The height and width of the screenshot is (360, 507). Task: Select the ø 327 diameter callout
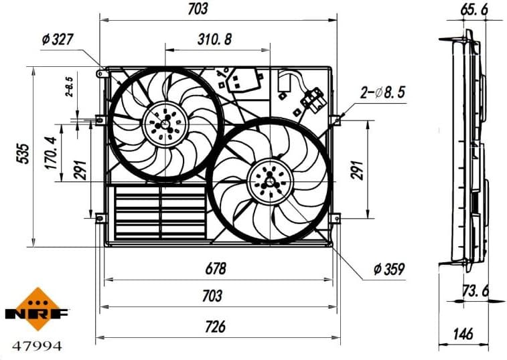click(x=58, y=39)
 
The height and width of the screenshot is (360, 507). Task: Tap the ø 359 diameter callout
click(x=389, y=270)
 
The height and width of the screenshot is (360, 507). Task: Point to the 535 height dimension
click(x=22, y=155)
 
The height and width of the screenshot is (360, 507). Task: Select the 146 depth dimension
click(x=463, y=333)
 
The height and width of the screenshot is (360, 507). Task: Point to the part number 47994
click(x=38, y=347)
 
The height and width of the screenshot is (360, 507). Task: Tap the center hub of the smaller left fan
click(x=165, y=124)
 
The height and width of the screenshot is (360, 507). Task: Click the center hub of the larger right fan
click(x=269, y=180)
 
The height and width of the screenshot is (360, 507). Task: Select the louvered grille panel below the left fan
click(x=161, y=212)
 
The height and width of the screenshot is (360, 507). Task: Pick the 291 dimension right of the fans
click(x=357, y=170)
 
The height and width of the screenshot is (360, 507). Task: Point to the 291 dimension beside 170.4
click(x=80, y=170)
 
